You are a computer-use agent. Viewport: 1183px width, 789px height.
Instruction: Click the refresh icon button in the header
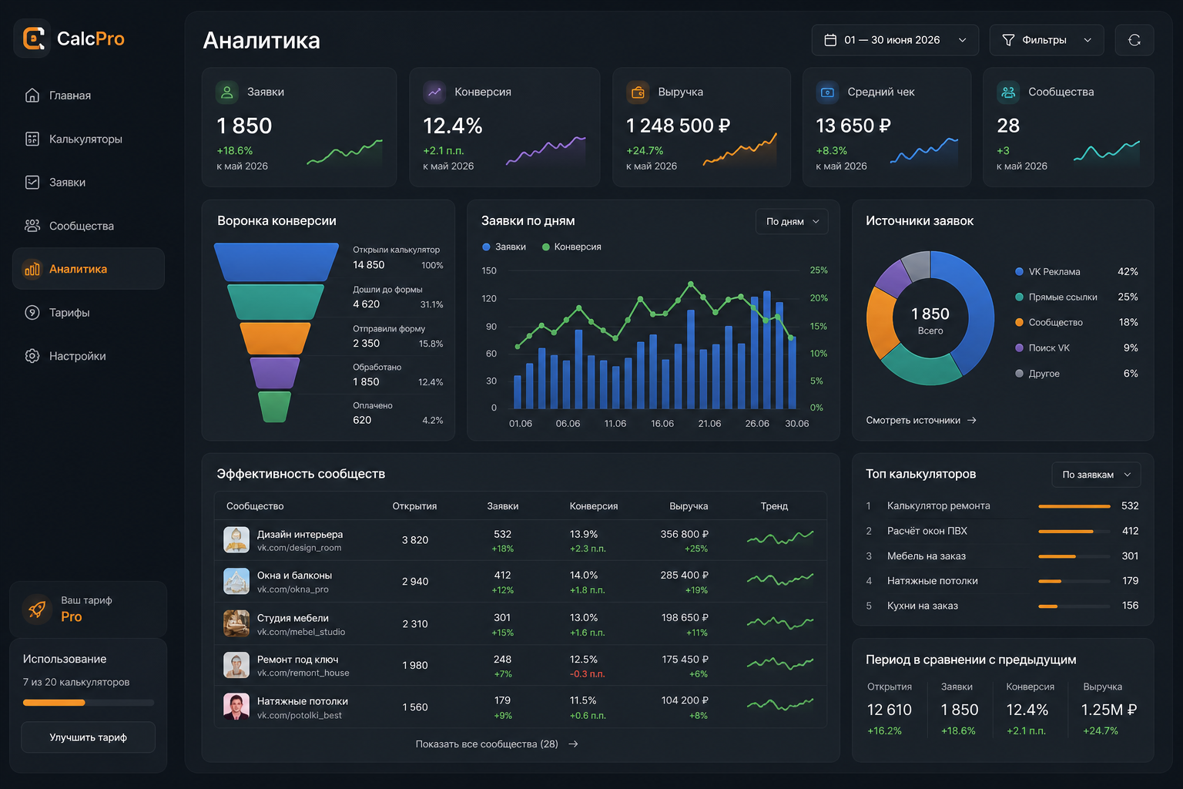click(x=1134, y=40)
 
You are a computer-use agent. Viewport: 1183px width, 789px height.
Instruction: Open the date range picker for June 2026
click(x=895, y=40)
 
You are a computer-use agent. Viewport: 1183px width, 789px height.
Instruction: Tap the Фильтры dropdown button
click(x=1046, y=40)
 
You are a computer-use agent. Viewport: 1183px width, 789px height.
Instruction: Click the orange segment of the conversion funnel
click(x=275, y=338)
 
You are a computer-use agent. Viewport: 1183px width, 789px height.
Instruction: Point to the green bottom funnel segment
click(x=275, y=406)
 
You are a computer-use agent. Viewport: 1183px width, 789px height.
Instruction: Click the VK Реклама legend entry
click(x=1047, y=272)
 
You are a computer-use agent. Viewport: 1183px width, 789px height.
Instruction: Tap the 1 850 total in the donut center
click(x=930, y=314)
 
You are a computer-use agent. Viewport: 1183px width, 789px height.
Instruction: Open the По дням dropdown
click(x=792, y=221)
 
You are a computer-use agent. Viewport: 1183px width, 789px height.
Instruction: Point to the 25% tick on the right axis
click(x=819, y=270)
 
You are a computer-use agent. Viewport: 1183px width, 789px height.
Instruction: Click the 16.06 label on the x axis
click(x=662, y=423)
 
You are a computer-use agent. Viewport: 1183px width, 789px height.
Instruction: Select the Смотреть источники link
click(x=921, y=420)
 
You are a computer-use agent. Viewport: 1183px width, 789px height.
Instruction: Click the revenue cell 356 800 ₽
click(x=684, y=534)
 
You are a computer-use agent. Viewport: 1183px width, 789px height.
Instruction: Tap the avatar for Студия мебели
click(x=236, y=623)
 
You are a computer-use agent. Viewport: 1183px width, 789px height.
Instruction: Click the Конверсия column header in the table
click(x=594, y=505)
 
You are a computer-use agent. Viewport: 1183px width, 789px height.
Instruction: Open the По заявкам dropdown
click(x=1096, y=475)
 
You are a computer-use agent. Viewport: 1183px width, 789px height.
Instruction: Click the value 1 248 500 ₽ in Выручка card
click(x=678, y=126)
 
